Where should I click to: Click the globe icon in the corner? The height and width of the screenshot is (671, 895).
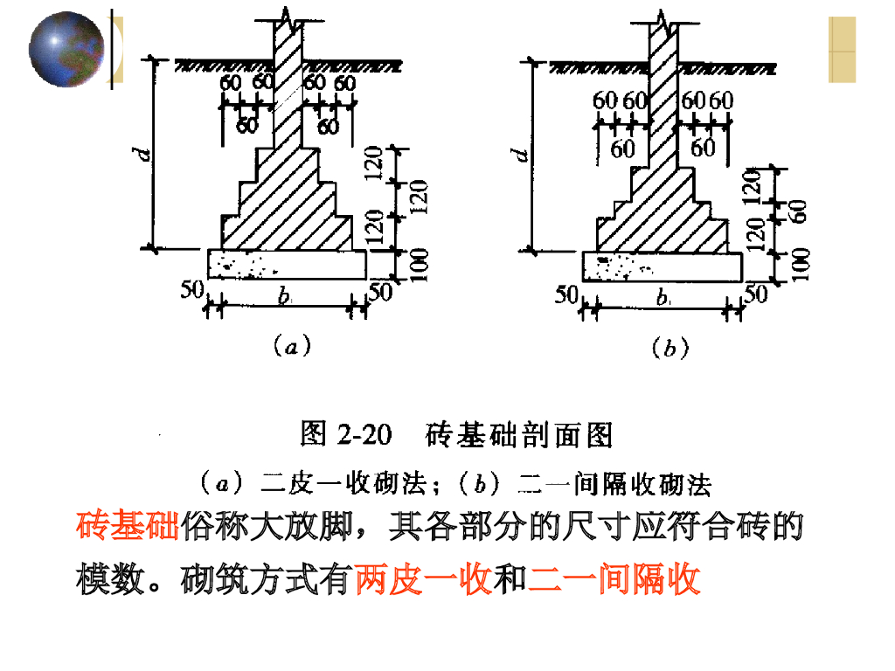(x=66, y=48)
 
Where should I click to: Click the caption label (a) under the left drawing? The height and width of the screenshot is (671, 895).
(x=290, y=347)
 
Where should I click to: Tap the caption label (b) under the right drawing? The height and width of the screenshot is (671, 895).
(x=669, y=349)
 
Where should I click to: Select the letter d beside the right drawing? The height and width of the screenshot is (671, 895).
(x=522, y=156)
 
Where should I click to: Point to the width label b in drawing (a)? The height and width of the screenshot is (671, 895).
(x=285, y=297)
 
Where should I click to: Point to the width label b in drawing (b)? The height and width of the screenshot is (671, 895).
(x=663, y=298)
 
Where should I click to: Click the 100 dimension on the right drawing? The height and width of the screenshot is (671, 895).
(x=800, y=266)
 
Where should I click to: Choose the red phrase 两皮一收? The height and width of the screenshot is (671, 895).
(x=424, y=578)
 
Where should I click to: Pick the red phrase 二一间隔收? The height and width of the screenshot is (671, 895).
(x=614, y=578)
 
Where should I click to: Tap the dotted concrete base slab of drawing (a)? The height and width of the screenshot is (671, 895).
(x=287, y=264)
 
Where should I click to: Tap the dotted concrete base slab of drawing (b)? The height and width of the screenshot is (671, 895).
(x=663, y=266)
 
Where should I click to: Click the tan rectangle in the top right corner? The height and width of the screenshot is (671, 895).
(x=842, y=49)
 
